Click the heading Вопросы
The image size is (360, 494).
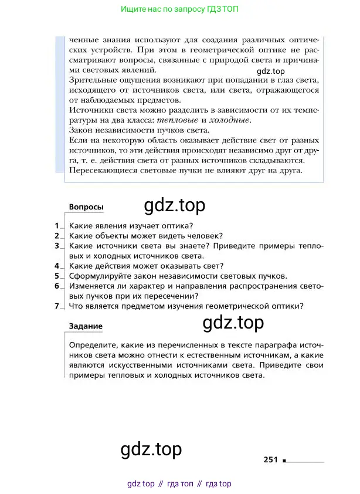[86, 207]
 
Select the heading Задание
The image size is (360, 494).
[86, 326]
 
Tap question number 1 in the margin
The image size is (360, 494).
[57, 225]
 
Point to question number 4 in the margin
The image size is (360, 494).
[57, 265]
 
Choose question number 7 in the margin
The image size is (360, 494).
[57, 305]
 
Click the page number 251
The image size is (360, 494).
[270, 460]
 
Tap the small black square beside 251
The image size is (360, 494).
[284, 461]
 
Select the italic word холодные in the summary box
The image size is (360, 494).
[232, 120]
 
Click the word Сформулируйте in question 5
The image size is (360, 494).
[99, 275]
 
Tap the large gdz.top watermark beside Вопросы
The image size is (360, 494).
[174, 205]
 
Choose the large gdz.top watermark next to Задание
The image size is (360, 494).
[233, 323]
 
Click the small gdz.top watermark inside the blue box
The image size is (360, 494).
[270, 72]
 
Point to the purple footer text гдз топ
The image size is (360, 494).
[179, 484]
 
